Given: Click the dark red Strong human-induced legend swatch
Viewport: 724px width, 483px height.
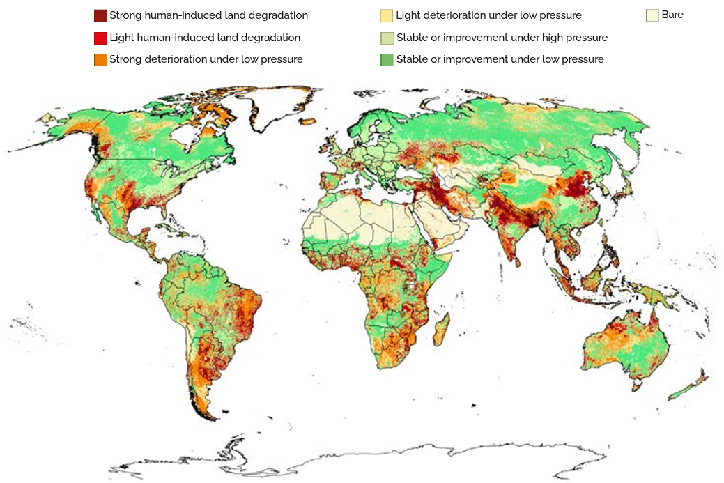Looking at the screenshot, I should click(x=100, y=15).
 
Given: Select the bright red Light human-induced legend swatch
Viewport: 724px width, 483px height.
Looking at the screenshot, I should click(x=100, y=38).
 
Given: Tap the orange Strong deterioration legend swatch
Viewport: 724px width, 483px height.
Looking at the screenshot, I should click(x=100, y=60).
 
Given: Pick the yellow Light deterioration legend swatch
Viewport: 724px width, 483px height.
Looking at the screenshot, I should click(x=386, y=15).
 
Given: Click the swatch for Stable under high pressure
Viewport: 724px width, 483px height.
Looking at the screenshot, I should click(x=386, y=38).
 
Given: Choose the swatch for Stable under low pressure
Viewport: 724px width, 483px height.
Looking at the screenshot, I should click(x=386, y=60).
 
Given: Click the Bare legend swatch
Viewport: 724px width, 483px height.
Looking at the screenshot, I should click(x=652, y=15).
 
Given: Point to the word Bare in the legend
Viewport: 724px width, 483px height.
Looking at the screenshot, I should click(x=672, y=15).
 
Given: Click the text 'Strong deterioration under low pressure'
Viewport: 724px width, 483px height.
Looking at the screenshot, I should click(x=206, y=59).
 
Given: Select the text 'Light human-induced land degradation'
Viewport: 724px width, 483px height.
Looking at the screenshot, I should click(x=205, y=38).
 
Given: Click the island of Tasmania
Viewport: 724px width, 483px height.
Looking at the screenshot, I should click(x=636, y=385).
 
